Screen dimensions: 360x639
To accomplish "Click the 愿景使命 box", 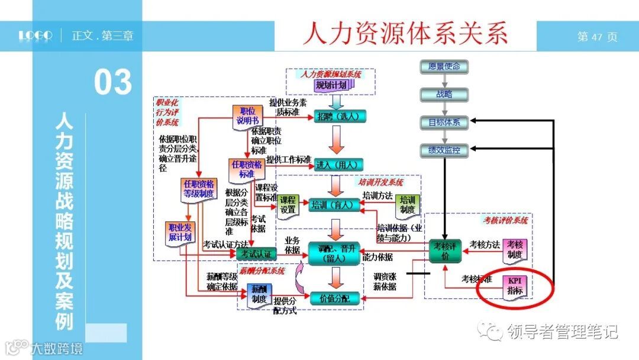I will pos(444,67).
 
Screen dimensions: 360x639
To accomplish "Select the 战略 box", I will pos(444,94).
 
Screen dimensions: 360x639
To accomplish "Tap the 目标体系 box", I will pos(444,123).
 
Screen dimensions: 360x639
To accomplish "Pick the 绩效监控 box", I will pos(444,150).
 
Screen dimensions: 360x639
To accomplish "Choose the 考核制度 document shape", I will pos(514,249).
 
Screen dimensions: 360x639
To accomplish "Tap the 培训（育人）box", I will pos(335,205).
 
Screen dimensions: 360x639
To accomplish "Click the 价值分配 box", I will pos(335,298).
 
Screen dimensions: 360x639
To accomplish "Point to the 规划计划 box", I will pos(331,86).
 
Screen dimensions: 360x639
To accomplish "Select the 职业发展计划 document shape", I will pos(180,233).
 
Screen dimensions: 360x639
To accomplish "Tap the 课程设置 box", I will pos(288,205).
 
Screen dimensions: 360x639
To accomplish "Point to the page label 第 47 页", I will pos(597,37).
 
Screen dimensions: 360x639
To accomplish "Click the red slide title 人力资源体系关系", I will pos(405,33).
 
